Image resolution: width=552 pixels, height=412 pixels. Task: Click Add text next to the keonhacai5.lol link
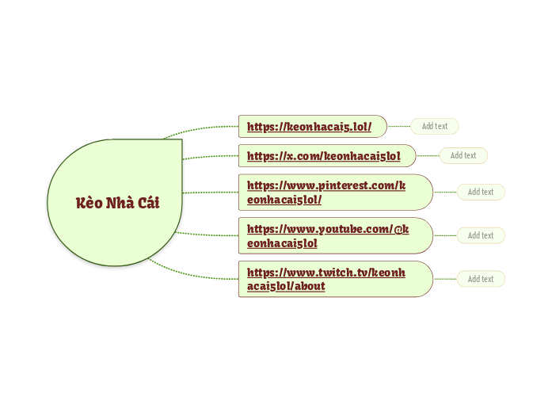434,126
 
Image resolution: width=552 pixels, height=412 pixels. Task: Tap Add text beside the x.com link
463,155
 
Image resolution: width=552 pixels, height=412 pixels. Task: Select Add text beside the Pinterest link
481,192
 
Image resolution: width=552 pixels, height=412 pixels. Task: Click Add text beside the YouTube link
481,235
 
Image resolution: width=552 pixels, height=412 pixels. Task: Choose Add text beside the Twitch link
481,279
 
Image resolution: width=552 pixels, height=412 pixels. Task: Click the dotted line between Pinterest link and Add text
444,192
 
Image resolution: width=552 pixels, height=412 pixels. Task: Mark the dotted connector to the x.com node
210,155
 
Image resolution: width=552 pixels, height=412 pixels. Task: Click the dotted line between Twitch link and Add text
444,279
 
